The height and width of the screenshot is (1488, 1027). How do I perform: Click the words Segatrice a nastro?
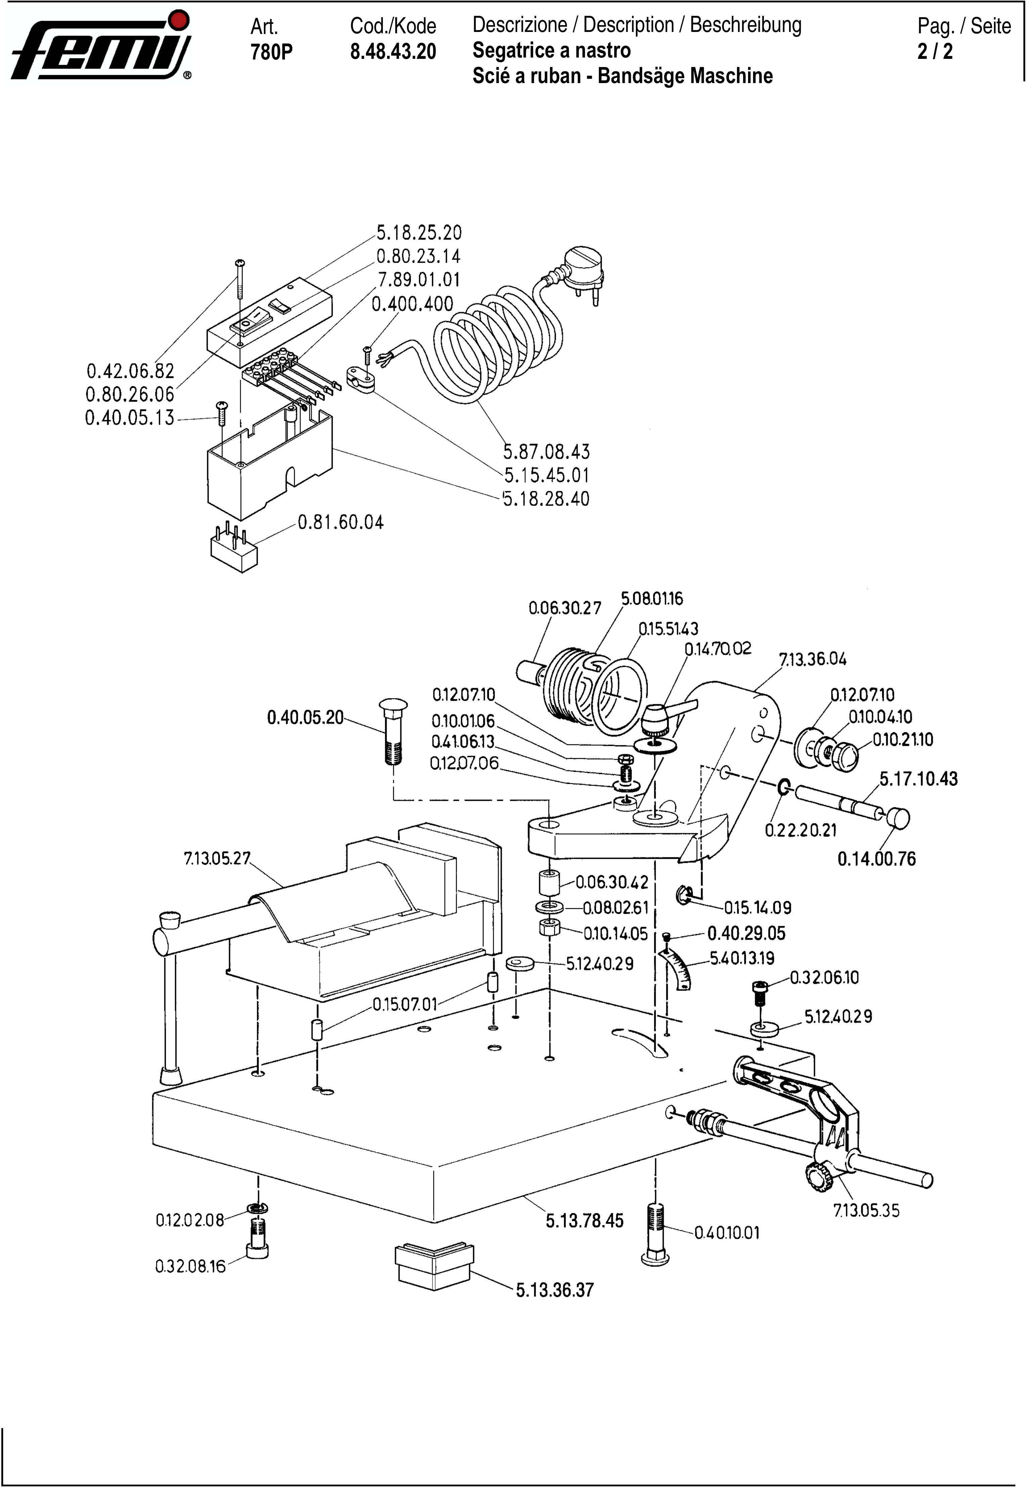(x=551, y=50)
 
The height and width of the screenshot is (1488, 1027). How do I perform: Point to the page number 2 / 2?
(x=935, y=51)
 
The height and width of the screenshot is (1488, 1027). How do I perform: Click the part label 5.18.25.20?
(x=419, y=232)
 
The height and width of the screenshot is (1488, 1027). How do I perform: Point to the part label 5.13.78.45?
(x=585, y=1221)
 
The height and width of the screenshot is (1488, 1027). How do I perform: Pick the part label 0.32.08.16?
(x=191, y=1266)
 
